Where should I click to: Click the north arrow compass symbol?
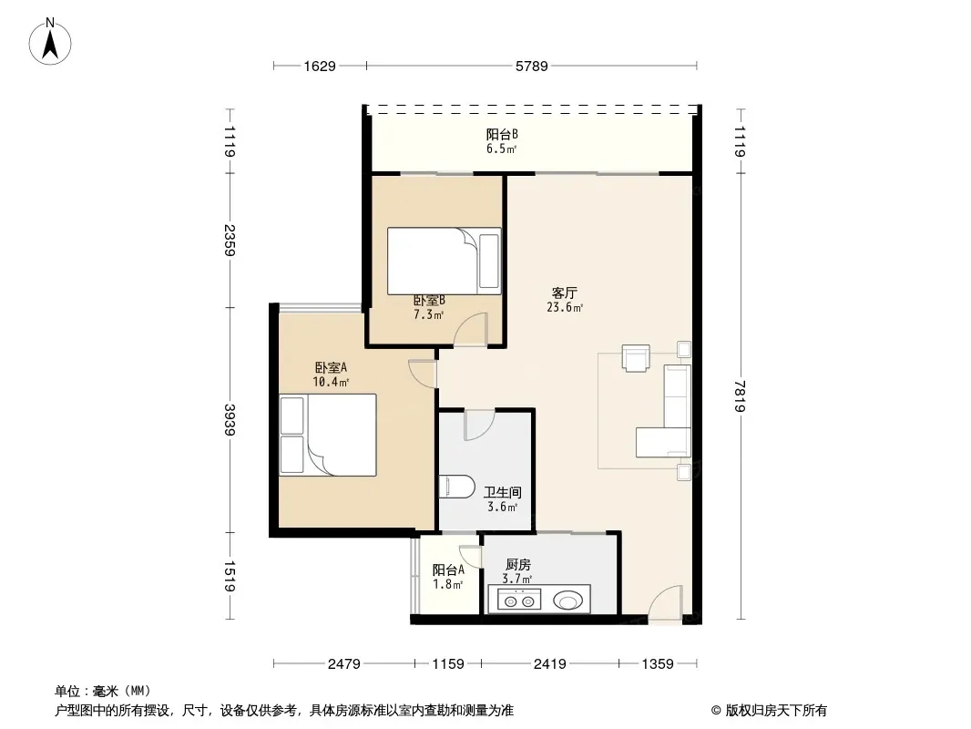point(50,42)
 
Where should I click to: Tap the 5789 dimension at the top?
point(531,66)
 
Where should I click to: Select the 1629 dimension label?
point(320,66)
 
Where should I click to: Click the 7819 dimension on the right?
point(740,395)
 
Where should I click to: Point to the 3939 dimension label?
point(230,419)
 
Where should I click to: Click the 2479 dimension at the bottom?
point(343,664)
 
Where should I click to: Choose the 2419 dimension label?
point(550,664)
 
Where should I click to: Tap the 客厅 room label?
point(564,293)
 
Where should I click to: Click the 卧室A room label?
point(331,367)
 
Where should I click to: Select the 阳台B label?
point(502,134)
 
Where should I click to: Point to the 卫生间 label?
point(502,492)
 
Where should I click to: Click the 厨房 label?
point(517,564)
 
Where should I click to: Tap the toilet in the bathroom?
point(455,487)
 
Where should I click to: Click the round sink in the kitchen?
point(567,600)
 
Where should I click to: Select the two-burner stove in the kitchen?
point(519,600)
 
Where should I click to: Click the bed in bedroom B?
point(444,261)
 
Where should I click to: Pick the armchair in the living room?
point(636,358)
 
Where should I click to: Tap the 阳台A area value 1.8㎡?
point(448,584)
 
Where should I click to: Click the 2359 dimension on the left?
point(230,240)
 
